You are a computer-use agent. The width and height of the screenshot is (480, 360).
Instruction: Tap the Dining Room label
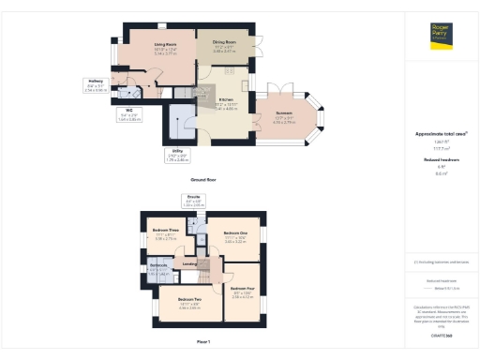coord(223,42)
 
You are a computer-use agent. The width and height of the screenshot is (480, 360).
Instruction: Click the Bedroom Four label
coord(243,290)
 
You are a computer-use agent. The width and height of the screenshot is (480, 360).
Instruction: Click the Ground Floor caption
coord(203,177)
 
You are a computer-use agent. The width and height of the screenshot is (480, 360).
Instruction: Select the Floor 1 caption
coord(203,340)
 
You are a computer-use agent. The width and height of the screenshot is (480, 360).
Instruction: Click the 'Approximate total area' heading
coord(440,135)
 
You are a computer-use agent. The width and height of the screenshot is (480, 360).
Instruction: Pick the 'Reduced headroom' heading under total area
coord(441,160)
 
